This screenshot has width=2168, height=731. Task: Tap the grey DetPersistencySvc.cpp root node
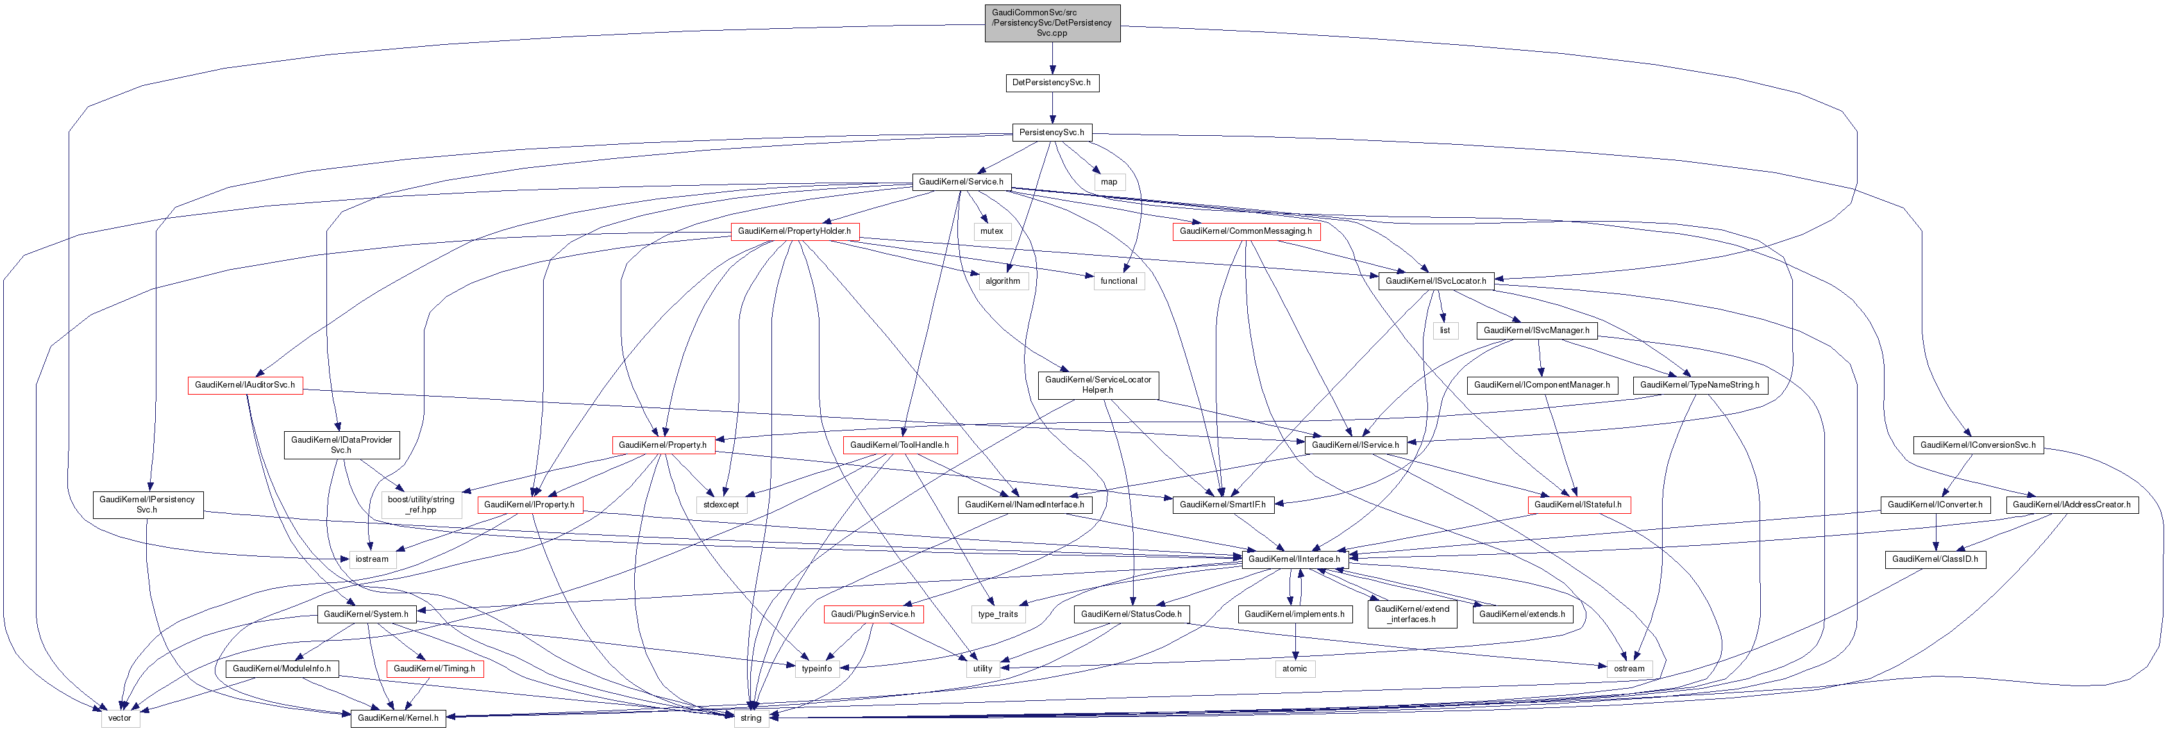1052,22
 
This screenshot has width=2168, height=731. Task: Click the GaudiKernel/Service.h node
961,182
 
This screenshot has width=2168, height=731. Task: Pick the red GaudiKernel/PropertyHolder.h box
794,231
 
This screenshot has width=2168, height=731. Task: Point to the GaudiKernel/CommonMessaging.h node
1245,231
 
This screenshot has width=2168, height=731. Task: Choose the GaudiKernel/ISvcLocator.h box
1435,281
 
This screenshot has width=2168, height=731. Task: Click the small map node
1109,182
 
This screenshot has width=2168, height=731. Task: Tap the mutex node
991,231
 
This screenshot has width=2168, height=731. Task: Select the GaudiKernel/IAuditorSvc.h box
245,384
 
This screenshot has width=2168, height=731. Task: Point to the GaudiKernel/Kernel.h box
398,718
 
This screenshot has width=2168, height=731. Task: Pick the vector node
119,718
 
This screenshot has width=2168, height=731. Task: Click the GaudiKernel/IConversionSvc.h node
1977,444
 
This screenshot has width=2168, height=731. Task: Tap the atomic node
1295,668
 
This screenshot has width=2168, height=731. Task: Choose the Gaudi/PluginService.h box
873,614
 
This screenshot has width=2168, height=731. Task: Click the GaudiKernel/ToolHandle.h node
899,444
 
